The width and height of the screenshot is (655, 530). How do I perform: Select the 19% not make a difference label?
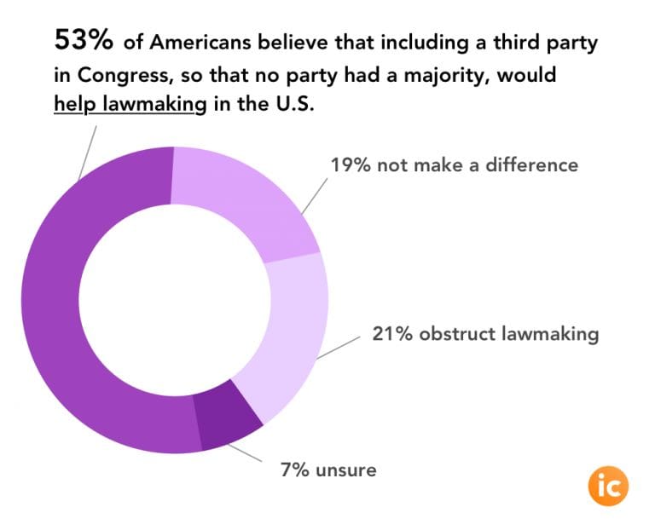[x=454, y=164]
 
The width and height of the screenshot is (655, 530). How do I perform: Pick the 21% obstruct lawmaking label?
[x=484, y=333]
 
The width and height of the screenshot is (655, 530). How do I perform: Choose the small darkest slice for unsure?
[x=226, y=420]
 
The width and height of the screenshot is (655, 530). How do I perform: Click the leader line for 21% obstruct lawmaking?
[x=337, y=348]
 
